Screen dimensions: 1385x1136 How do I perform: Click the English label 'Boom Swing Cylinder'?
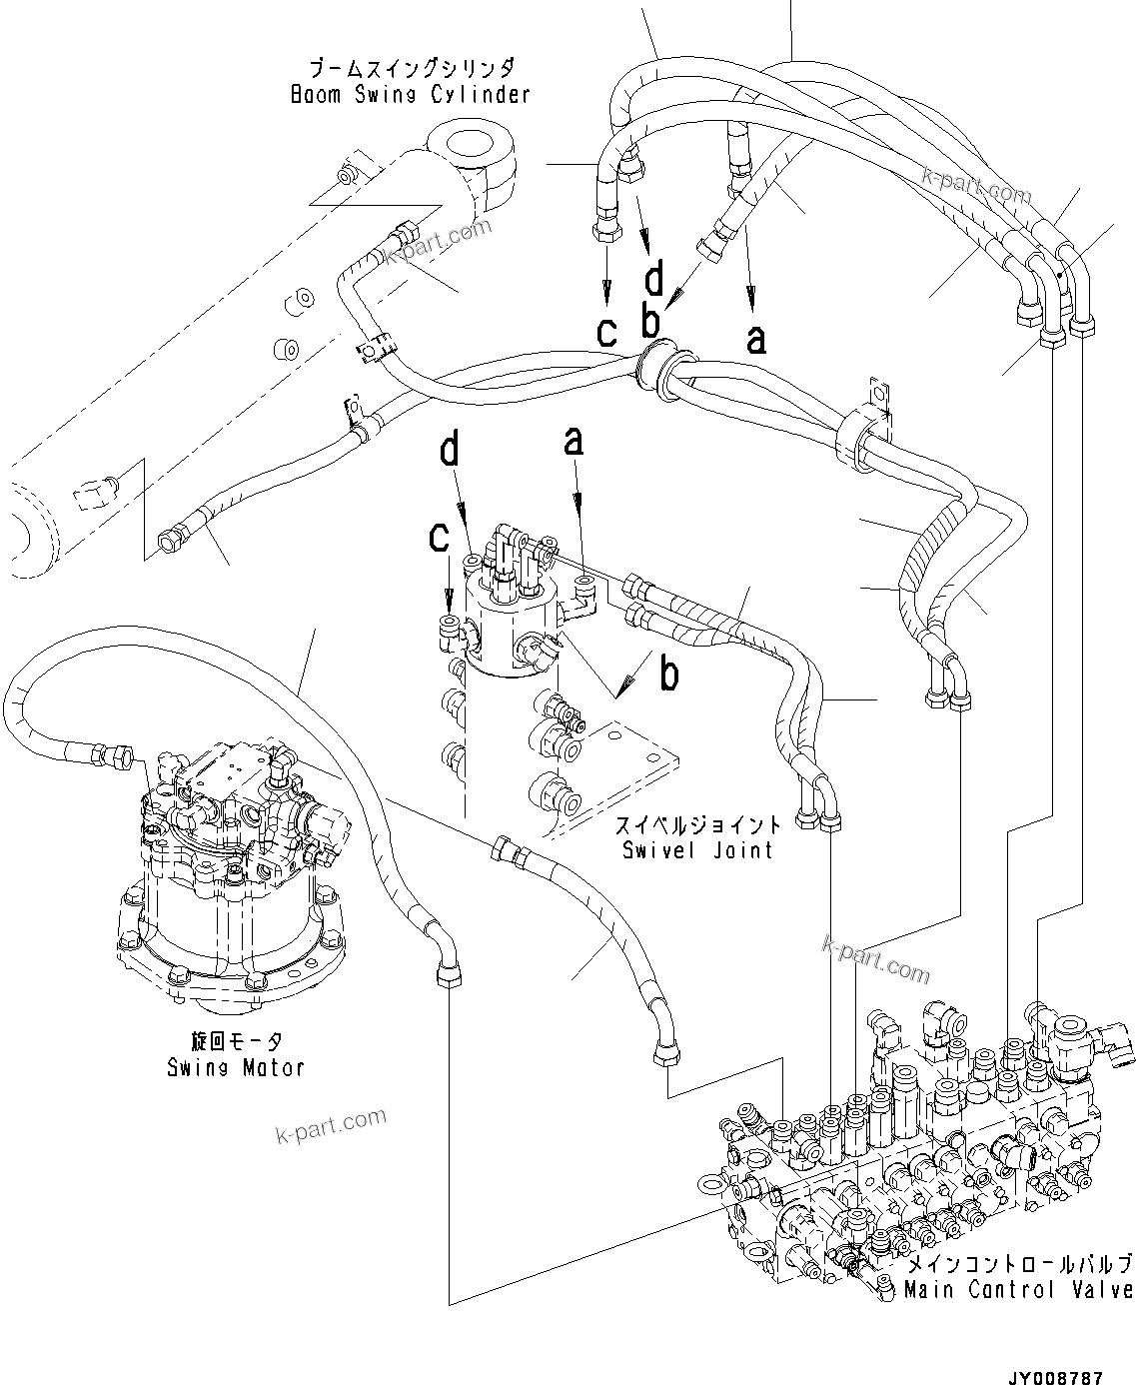410,95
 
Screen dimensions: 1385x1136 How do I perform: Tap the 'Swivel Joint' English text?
696,850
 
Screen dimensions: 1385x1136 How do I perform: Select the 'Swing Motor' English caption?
236,1067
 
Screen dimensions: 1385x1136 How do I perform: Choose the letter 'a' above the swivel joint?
572,441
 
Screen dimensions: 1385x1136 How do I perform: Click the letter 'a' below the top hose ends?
756,339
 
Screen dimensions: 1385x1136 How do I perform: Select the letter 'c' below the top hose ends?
606,331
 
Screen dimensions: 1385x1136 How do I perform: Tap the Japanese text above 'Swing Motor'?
236,1043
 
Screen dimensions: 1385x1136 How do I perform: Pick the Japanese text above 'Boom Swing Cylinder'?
411,70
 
